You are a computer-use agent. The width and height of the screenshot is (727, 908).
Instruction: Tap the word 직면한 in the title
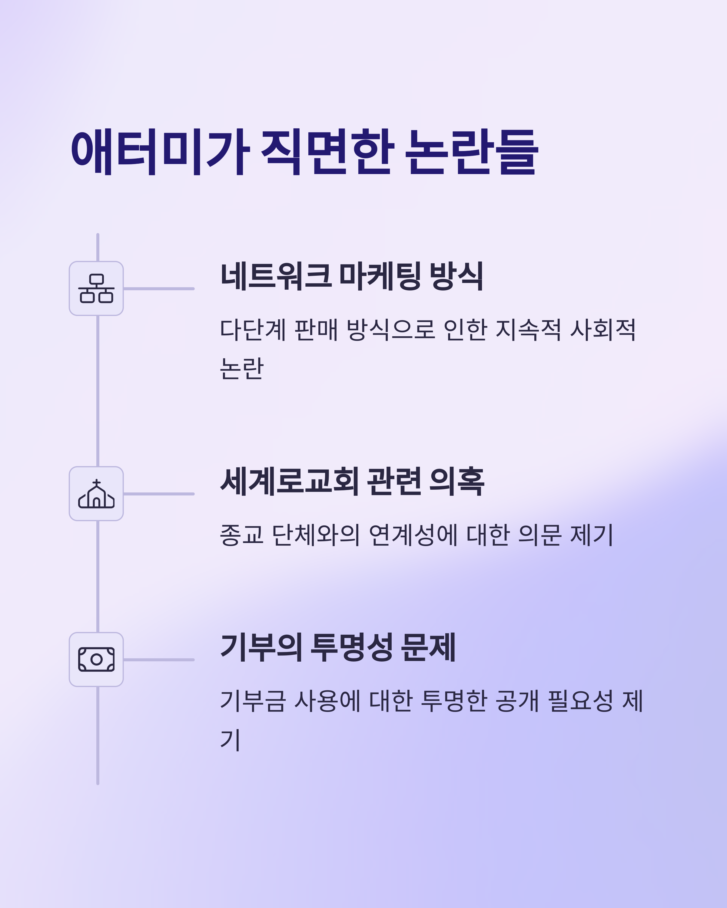point(327,152)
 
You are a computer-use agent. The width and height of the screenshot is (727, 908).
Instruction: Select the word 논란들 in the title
point(471,152)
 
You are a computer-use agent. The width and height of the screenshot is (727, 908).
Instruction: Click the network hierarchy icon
point(96,288)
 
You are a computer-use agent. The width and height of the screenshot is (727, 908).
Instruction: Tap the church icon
point(96,494)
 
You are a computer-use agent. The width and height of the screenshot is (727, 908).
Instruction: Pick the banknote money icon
point(96,660)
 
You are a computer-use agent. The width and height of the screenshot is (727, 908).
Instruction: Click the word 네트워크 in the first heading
point(276,276)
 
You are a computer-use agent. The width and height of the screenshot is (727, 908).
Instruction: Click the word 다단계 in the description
point(253,329)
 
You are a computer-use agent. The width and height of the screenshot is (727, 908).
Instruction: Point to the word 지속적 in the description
point(528,329)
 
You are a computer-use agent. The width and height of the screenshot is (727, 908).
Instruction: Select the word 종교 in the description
point(241,535)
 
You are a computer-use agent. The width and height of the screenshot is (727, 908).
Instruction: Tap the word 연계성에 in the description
point(413,535)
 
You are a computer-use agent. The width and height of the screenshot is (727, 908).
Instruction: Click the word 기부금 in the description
point(253,701)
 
